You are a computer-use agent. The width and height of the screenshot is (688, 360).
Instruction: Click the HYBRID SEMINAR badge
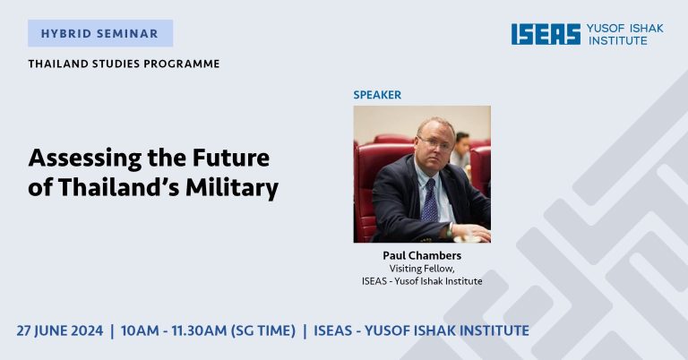[x=100, y=33]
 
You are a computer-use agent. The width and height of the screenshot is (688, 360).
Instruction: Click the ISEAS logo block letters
[x=546, y=34]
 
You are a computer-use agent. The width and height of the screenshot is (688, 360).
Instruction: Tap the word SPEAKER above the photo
[x=377, y=95]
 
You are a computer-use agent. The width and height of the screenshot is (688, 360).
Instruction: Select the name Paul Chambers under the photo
[x=422, y=255]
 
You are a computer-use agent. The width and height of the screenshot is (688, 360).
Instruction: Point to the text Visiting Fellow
[x=422, y=269]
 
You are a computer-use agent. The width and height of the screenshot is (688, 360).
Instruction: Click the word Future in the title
[x=231, y=158]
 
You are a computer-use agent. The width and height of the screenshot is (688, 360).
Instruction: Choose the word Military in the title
[x=232, y=187]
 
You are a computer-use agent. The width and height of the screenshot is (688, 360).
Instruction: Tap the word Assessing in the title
[x=85, y=159]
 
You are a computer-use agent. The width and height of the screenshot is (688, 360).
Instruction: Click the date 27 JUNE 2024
[x=60, y=330]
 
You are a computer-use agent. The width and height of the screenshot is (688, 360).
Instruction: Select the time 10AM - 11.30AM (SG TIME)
[x=208, y=330]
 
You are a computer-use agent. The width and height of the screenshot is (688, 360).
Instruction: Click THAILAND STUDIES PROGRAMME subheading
[x=125, y=64]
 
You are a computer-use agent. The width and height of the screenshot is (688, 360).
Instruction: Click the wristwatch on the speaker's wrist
[x=450, y=230]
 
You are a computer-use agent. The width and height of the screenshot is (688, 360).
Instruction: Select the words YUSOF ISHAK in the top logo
[x=625, y=29]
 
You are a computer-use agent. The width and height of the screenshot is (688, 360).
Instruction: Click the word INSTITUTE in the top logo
[x=618, y=41]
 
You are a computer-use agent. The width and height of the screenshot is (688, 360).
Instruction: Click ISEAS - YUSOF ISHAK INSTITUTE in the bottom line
[x=421, y=330]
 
